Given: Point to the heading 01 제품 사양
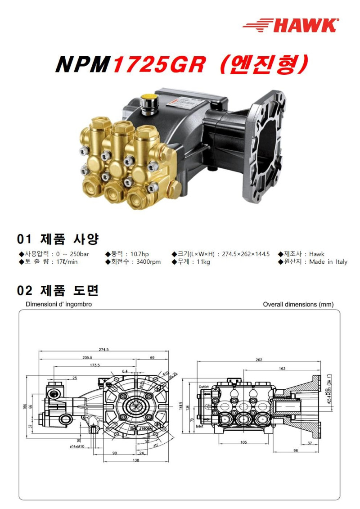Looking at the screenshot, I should click(58, 239).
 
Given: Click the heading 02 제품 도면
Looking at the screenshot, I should click(58, 291).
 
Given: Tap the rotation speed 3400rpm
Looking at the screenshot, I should click(148, 262).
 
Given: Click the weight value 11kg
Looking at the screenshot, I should click(202, 262).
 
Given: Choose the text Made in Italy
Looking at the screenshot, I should click(328, 262).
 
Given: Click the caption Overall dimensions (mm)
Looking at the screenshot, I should click(298, 305).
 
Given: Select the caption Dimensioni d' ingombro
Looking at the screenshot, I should click(58, 305).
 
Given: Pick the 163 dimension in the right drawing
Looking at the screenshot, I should click(282, 369).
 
